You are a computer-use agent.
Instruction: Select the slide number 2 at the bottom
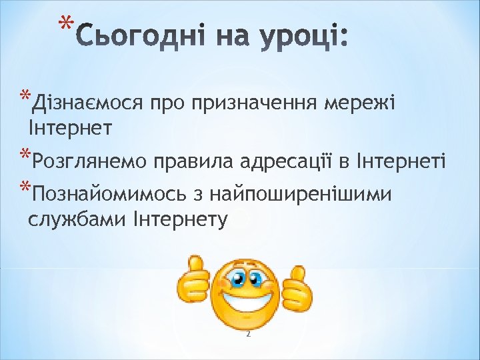click(x=247, y=334)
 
